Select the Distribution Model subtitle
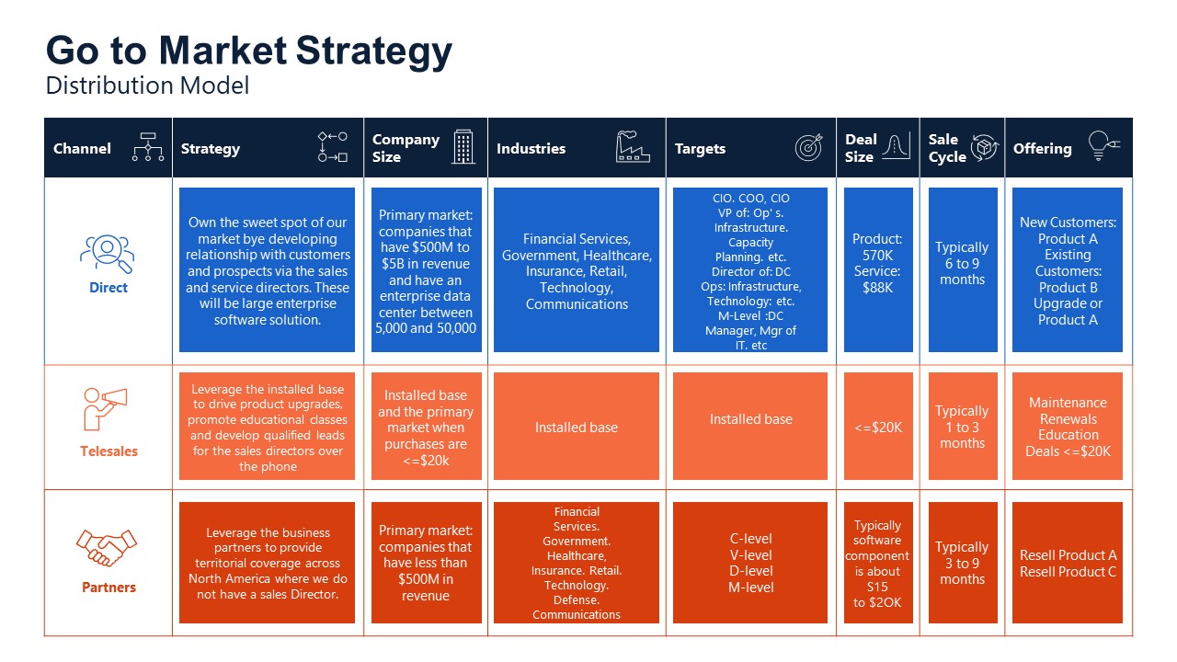(147, 86)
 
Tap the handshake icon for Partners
(107, 548)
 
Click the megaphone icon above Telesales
(106, 408)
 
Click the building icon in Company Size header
(463, 147)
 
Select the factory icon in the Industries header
(633, 147)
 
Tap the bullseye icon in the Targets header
(808, 147)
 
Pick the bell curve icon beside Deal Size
(896, 147)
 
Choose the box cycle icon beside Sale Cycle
(984, 147)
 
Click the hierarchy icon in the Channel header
(147, 147)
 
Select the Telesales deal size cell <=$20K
(878, 427)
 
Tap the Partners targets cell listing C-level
(750, 563)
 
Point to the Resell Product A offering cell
(1068, 563)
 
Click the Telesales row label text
(109, 451)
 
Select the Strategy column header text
(211, 148)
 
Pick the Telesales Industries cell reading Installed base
(577, 427)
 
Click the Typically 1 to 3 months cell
(962, 427)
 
